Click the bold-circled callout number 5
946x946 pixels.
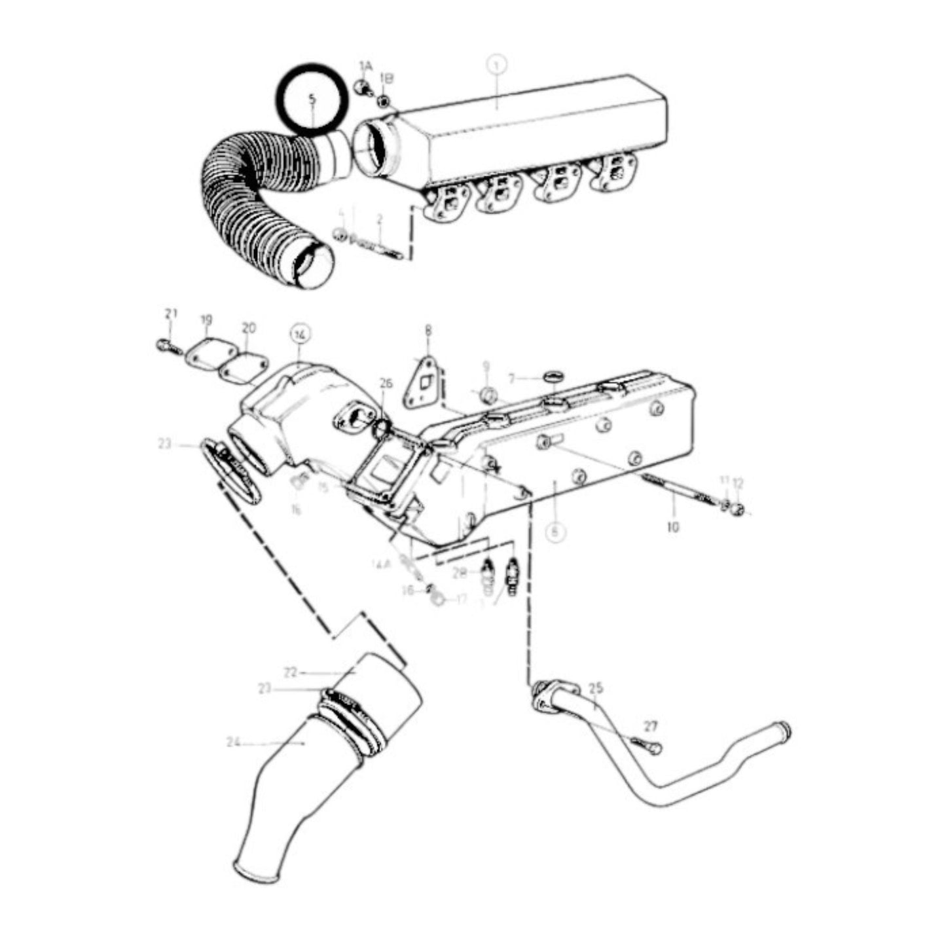pos(312,99)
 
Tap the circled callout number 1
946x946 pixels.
pos(497,65)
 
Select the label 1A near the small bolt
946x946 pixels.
pos(365,66)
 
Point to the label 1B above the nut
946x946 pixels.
pos(387,79)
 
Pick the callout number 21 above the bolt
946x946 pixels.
pos(171,314)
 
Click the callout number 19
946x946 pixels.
pos(206,320)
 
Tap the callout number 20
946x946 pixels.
pos(249,327)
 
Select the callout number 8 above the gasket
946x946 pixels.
pos(428,331)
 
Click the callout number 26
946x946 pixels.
pos(386,383)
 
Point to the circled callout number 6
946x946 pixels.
pos(555,532)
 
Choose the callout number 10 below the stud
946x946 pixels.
pos(673,526)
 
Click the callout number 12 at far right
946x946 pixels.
pos(738,483)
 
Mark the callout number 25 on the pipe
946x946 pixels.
pos(596,688)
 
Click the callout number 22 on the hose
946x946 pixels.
pos(291,672)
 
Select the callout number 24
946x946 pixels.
pos(234,742)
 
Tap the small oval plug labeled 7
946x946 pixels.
pos(553,376)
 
